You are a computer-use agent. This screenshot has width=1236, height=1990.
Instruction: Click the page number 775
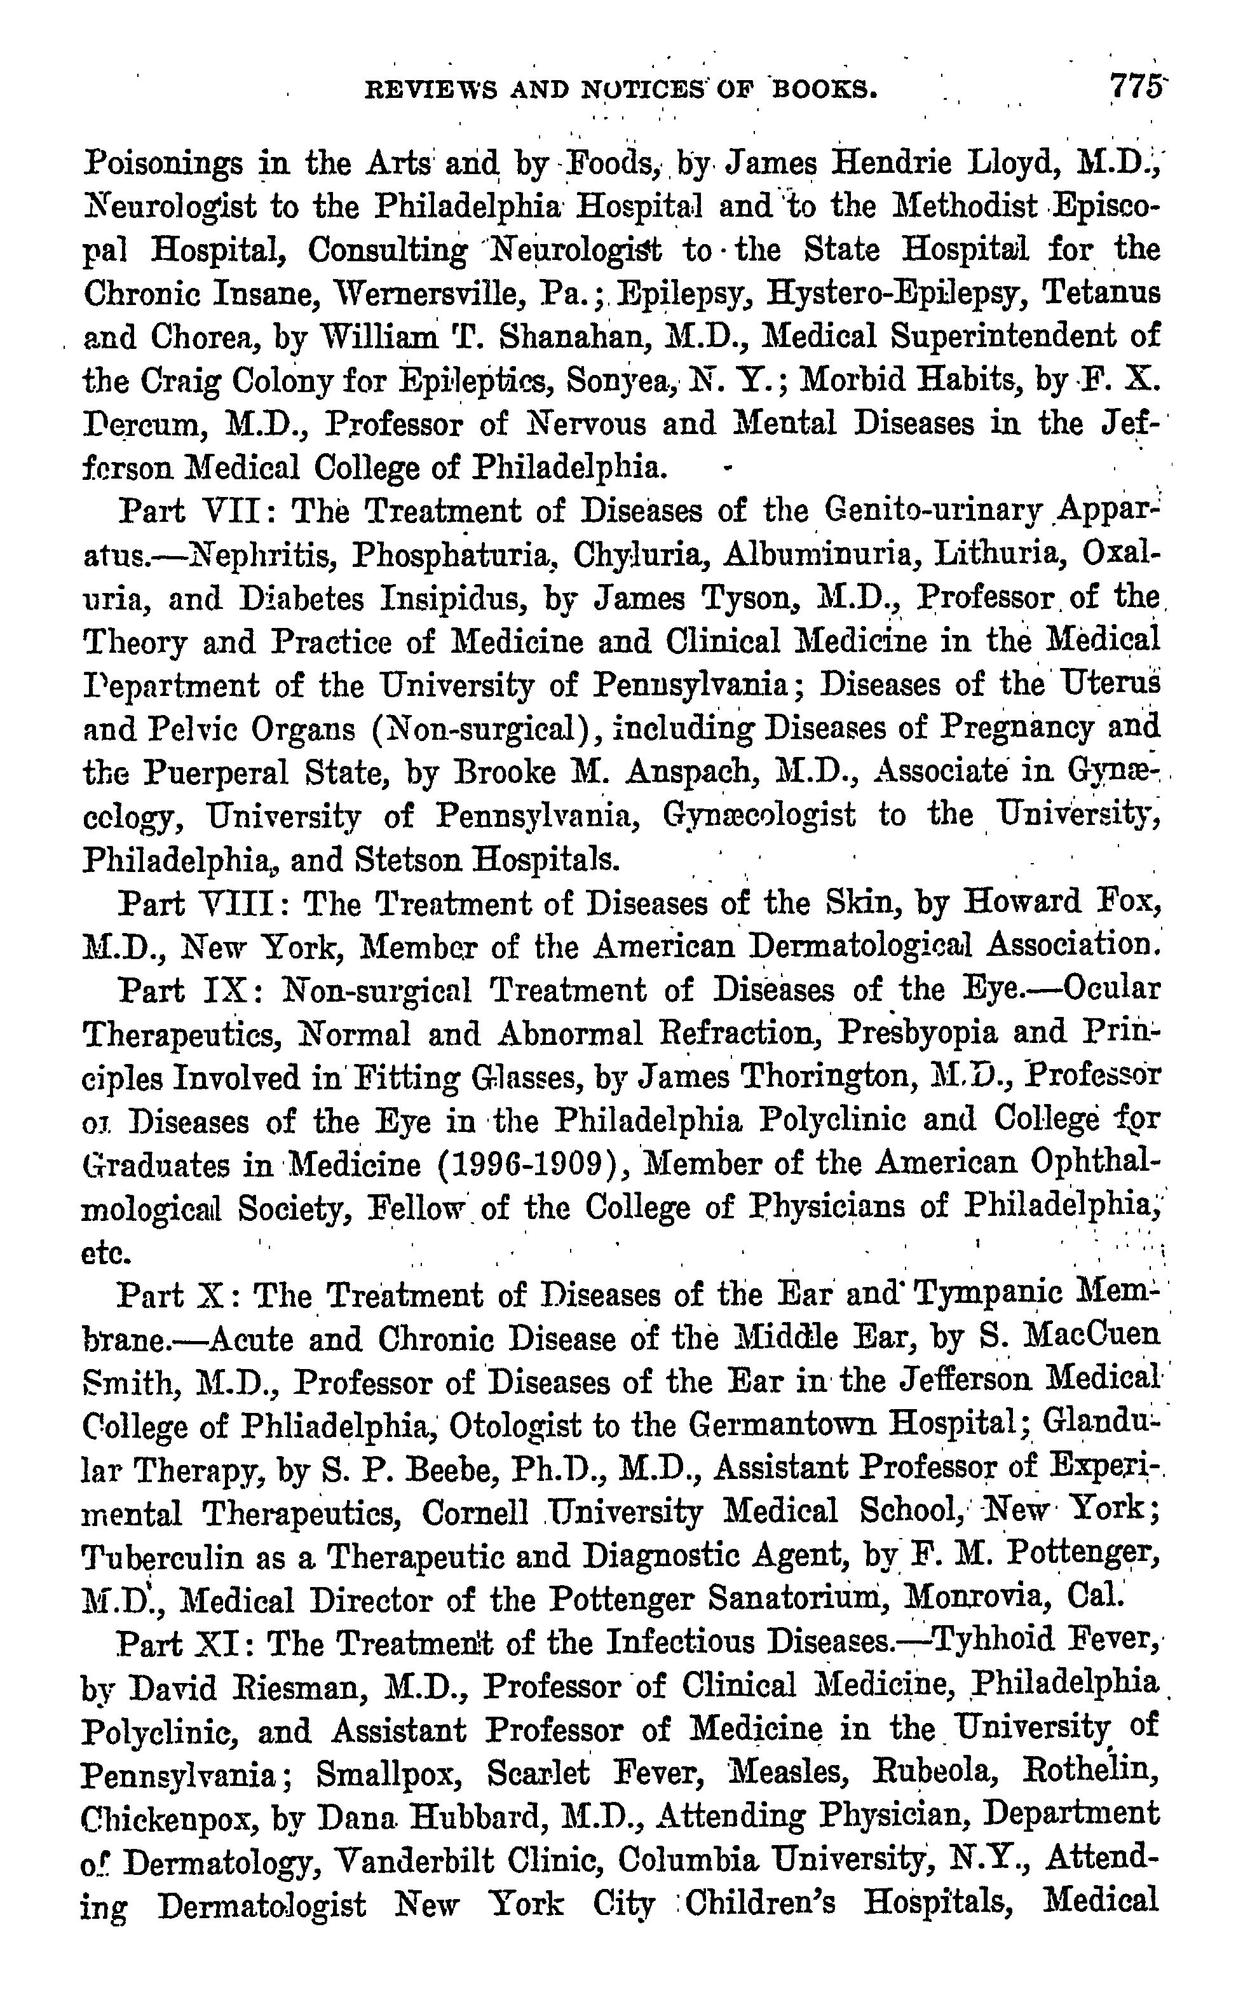(x=1134, y=86)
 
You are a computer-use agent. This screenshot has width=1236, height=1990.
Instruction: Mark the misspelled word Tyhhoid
(x=998, y=1641)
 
